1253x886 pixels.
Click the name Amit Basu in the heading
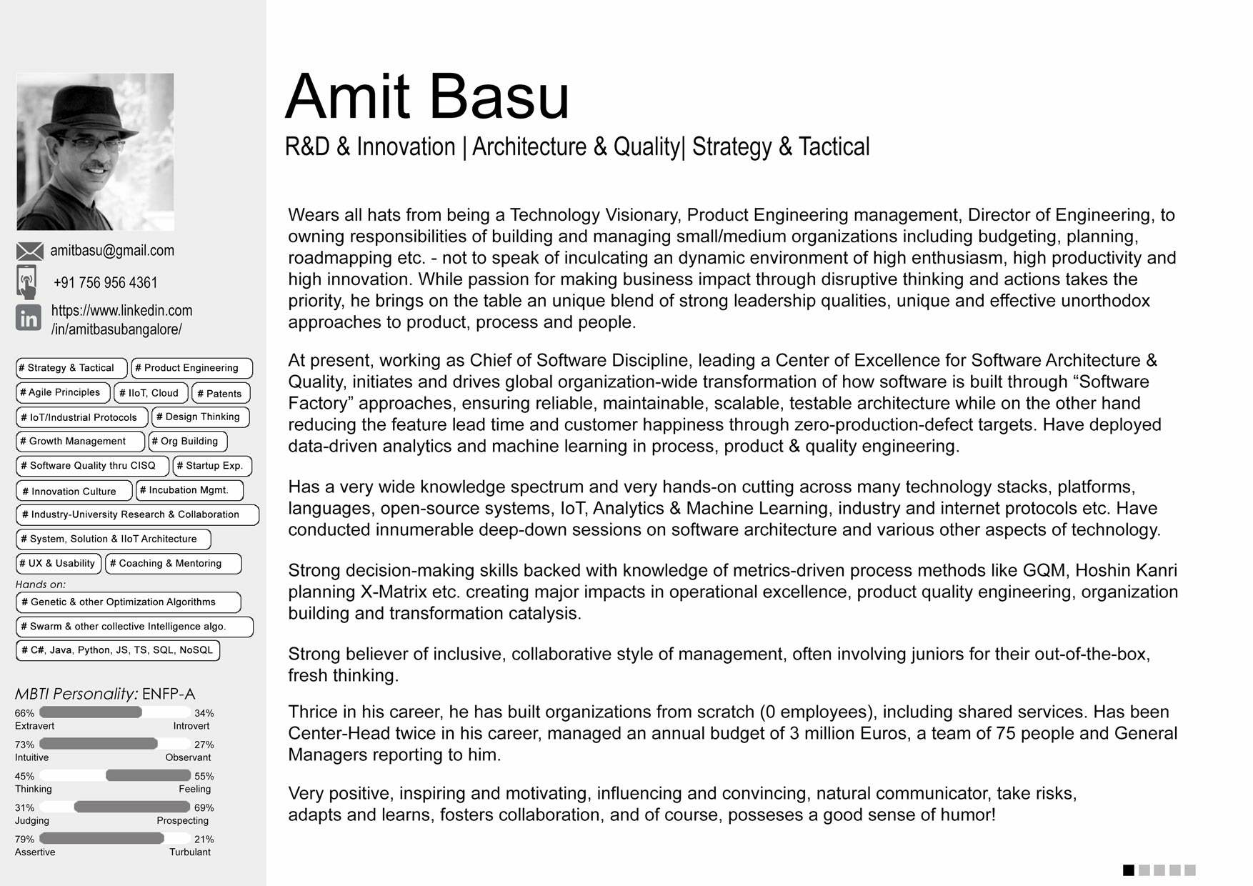(x=427, y=97)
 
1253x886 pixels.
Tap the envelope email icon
(x=29, y=252)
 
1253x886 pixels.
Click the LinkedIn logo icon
(x=29, y=318)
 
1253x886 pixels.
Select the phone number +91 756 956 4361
(x=105, y=283)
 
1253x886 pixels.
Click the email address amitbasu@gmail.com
(x=112, y=251)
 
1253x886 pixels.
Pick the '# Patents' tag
(x=220, y=394)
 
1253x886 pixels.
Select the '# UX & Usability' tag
(x=57, y=564)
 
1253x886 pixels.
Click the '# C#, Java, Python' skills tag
(x=117, y=650)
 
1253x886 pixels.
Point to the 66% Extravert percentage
(x=24, y=713)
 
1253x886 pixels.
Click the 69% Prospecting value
(x=204, y=808)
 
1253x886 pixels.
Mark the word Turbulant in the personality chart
(x=189, y=852)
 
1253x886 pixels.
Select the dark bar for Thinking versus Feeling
(x=148, y=775)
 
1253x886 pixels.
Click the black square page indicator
(x=1129, y=870)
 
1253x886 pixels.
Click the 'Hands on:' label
(x=40, y=584)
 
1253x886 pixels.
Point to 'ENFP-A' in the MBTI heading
(x=169, y=694)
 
